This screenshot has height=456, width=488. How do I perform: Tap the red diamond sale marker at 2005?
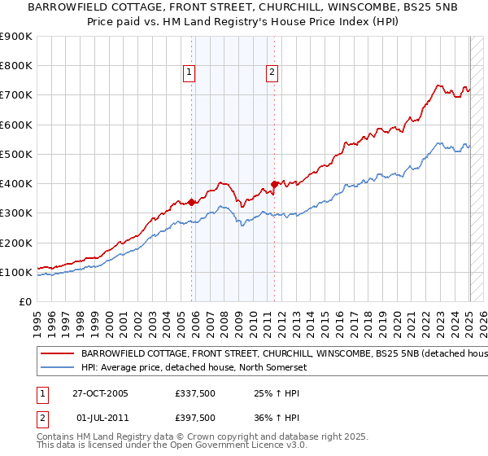192,202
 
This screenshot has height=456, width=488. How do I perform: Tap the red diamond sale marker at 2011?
274,184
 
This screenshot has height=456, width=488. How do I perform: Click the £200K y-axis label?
16,243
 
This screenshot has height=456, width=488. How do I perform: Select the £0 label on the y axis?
24,302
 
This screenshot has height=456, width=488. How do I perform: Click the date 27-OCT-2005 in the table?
100,394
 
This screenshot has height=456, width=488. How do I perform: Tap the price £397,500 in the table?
195,418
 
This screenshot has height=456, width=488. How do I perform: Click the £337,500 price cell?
195,394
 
